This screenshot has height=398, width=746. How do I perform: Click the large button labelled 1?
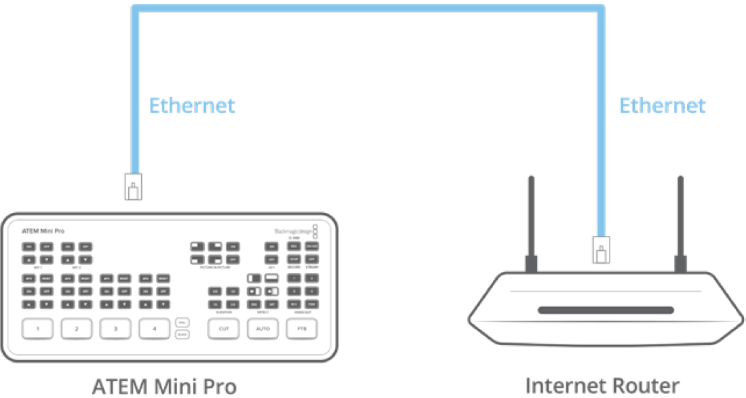[39, 330]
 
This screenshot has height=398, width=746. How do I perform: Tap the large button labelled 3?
[116, 330]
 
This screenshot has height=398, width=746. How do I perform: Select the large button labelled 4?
[155, 330]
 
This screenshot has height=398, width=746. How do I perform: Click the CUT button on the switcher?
[223, 330]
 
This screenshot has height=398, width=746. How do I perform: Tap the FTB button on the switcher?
[300, 330]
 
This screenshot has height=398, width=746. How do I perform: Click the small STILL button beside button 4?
[181, 323]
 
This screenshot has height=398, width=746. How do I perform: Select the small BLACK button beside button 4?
[181, 335]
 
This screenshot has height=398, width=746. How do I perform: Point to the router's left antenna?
[531, 224]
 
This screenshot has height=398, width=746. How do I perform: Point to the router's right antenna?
[679, 224]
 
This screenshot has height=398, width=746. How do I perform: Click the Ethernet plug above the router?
[600, 250]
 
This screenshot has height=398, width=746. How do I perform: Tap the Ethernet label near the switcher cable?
[192, 106]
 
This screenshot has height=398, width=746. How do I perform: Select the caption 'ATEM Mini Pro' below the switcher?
[164, 386]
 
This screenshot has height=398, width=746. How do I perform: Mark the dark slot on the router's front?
[605, 311]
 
